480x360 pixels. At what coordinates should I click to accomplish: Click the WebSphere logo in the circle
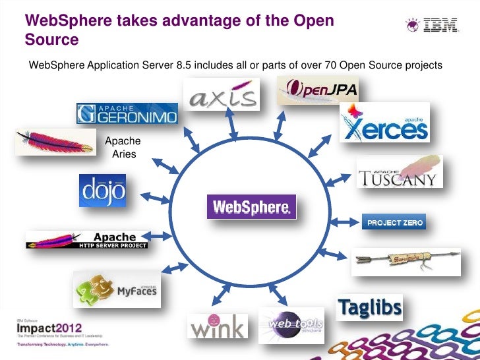point(252,206)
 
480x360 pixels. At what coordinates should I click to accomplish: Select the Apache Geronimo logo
point(127,113)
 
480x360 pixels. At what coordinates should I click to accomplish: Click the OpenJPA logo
point(318,90)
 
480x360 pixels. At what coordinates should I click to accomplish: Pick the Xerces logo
point(384,122)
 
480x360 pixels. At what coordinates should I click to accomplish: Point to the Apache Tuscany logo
point(400,171)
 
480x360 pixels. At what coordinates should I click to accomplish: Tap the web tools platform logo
point(291,324)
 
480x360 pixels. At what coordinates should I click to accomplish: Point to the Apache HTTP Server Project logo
point(88,240)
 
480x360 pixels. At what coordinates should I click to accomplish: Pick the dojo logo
point(102,190)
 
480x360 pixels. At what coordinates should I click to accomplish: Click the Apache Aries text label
point(123,147)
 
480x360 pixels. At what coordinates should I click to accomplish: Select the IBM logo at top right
point(431,26)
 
